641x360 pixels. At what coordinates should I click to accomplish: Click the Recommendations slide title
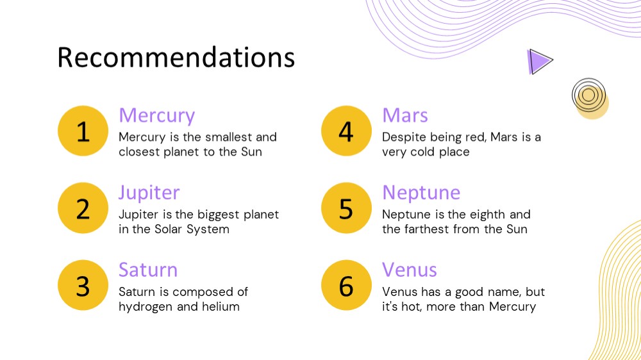click(176, 57)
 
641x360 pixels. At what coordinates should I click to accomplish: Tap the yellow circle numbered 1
click(83, 131)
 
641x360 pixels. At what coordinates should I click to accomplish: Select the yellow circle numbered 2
click(83, 208)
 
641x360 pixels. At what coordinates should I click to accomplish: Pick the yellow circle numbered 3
click(83, 285)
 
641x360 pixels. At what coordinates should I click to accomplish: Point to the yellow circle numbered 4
click(346, 131)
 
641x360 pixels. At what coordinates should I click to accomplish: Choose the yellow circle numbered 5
click(346, 208)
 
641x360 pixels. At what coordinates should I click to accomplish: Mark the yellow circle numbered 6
click(346, 285)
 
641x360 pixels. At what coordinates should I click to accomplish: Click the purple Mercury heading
click(157, 116)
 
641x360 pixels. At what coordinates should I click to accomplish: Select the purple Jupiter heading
click(149, 193)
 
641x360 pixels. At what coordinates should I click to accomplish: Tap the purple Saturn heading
click(148, 270)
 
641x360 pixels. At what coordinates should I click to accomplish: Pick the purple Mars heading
click(405, 115)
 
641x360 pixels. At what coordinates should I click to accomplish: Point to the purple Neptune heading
click(421, 193)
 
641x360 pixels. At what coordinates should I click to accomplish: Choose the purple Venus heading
click(410, 270)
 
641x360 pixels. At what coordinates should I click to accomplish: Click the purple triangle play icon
click(539, 61)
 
